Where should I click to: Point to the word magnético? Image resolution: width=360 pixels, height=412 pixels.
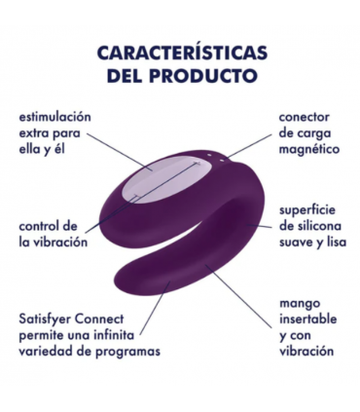coord(307,151)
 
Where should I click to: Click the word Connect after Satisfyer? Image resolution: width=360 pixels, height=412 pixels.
coord(114,318)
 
